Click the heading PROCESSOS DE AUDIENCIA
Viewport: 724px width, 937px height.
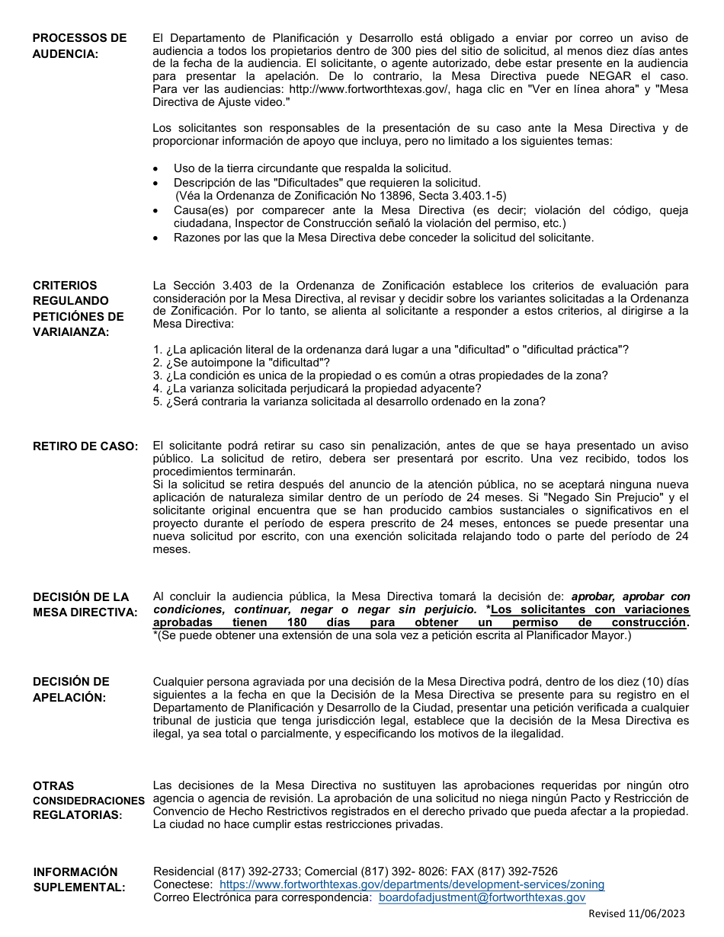79,46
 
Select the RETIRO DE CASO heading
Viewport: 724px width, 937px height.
85,446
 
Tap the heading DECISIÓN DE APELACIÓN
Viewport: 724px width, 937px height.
71,689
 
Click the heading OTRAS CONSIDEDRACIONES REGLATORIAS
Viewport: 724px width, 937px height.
88,801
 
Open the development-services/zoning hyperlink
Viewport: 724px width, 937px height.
412,884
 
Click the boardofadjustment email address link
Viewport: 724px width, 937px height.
482,898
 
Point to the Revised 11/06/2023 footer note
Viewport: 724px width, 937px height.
636,913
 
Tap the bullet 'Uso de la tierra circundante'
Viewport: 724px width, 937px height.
312,168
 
